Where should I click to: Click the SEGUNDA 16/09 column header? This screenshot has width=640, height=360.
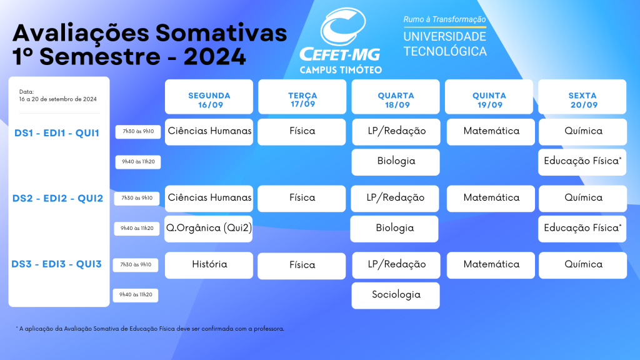(209, 97)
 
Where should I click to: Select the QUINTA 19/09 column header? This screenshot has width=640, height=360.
(489, 97)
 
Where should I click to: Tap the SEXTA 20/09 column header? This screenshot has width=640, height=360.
(582, 97)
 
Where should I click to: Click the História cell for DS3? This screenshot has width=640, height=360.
(209, 265)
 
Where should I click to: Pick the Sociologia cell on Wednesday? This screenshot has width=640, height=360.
(396, 296)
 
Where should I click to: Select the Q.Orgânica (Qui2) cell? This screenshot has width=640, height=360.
(209, 229)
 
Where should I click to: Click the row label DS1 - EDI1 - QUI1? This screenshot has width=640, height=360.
(57, 133)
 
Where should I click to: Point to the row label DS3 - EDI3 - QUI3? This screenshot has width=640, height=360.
(56, 264)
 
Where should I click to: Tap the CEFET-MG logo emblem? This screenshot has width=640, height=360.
(343, 27)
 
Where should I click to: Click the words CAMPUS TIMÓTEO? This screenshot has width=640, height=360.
(341, 70)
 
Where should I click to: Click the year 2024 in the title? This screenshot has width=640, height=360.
(215, 56)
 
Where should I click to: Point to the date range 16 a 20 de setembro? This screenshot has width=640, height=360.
(58, 99)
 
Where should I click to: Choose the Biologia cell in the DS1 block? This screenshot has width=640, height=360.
(396, 162)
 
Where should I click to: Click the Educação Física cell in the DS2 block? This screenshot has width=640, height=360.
(582, 229)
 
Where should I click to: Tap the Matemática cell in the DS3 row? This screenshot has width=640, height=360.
(491, 265)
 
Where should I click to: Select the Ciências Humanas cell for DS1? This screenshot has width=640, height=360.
(209, 132)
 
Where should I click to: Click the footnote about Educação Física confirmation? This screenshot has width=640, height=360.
(150, 329)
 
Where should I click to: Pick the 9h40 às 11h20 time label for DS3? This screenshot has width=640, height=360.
(136, 295)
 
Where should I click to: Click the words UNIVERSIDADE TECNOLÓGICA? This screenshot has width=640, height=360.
(445, 44)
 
